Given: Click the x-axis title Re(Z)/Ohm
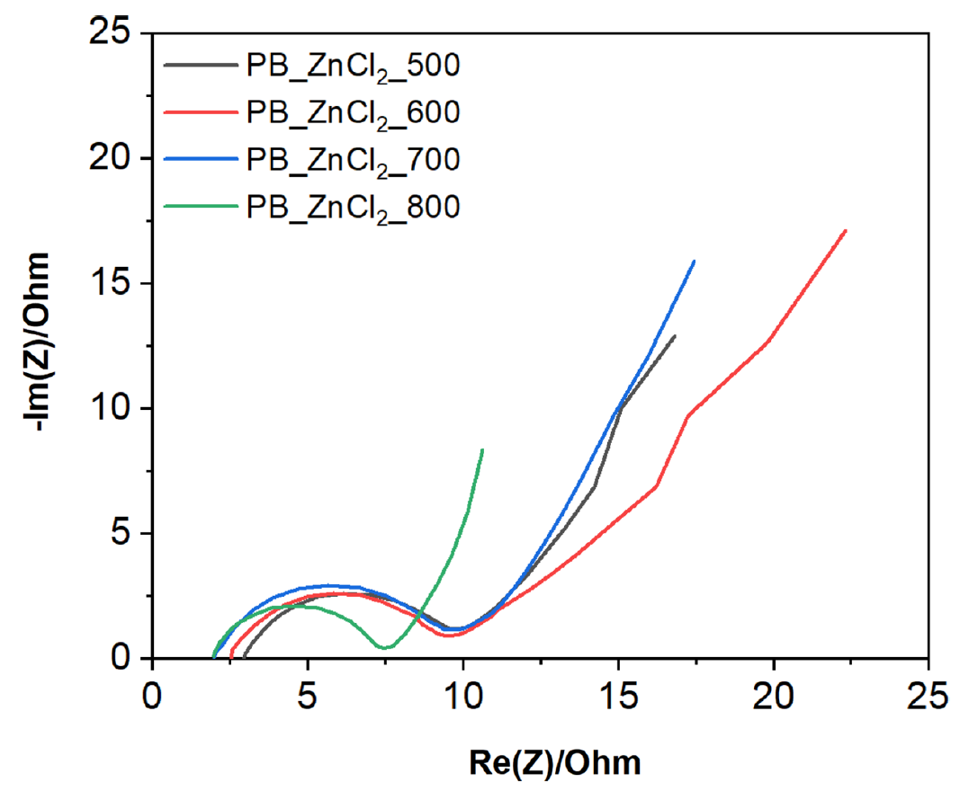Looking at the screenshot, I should click(x=555, y=763).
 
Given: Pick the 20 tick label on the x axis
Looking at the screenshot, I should click(x=773, y=697).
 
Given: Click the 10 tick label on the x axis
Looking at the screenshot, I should click(x=463, y=697).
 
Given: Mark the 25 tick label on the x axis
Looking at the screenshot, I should click(x=928, y=697).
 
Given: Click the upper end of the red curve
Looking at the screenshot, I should click(x=846, y=231).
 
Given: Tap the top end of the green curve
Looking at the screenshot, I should click(x=483, y=449).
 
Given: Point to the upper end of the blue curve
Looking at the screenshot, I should click(x=694, y=262).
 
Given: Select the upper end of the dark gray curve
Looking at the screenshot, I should click(x=674, y=336).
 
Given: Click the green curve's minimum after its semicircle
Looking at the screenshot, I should click(x=385, y=647).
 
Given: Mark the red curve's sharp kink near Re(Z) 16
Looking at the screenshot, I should click(x=657, y=485).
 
